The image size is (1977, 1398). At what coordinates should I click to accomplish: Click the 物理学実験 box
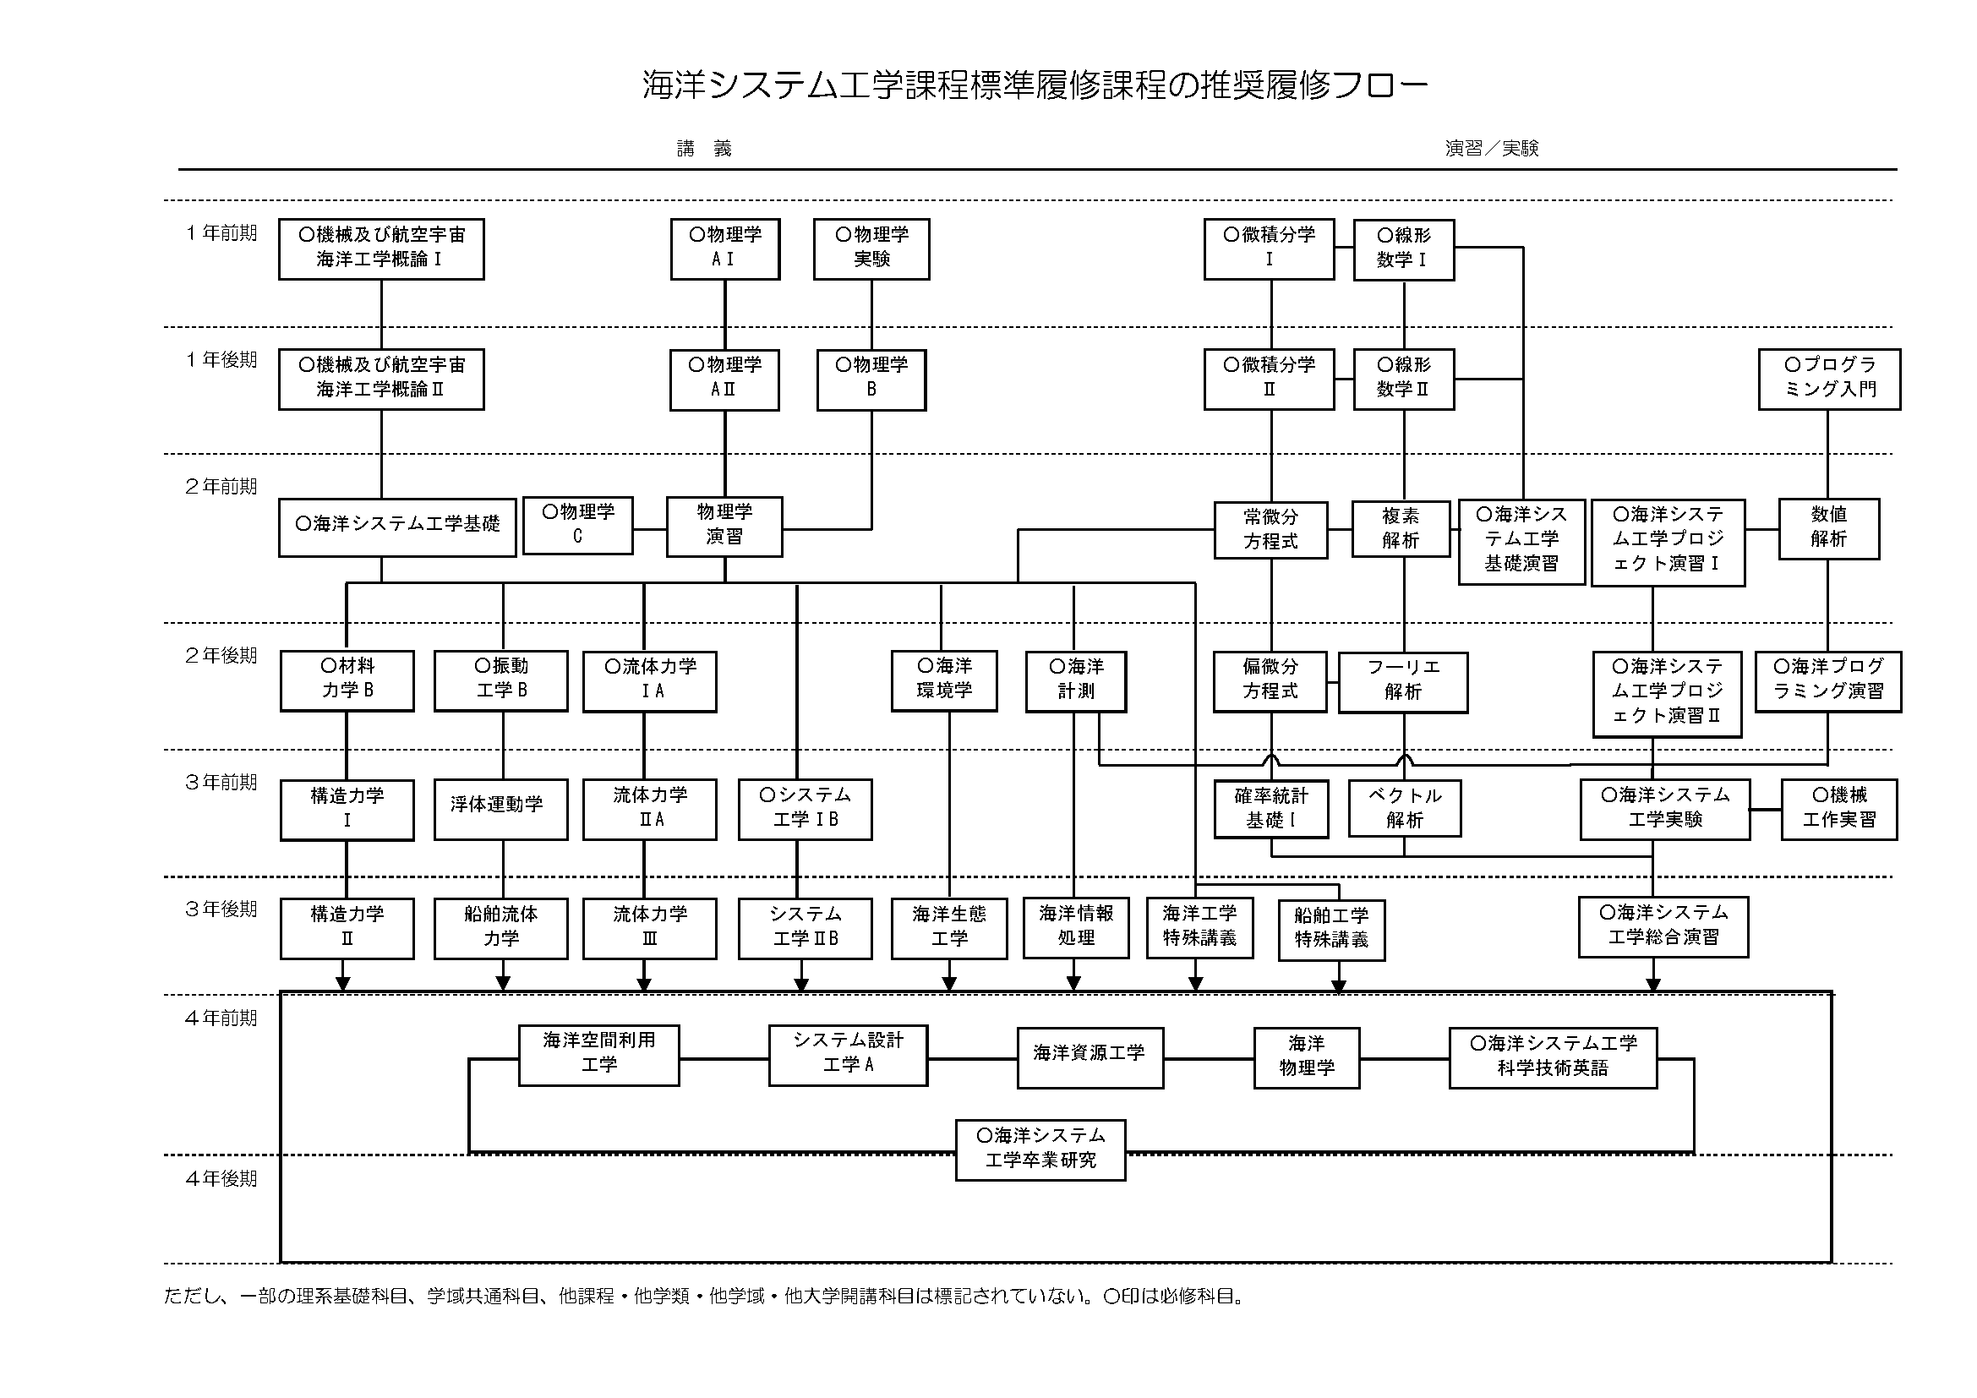click(871, 248)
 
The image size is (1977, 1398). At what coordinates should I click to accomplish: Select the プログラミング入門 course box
click(1829, 379)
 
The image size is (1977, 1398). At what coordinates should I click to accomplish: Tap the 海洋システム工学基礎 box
click(397, 527)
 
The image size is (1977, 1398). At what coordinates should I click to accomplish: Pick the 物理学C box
click(578, 525)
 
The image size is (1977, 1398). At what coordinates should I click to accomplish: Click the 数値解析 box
click(1828, 528)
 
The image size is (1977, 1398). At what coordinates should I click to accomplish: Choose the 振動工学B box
click(501, 680)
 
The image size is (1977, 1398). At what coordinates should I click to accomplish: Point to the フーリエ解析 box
click(1403, 682)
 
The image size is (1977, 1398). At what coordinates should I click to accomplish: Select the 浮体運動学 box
click(500, 808)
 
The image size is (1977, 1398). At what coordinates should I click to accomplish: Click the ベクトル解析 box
click(1405, 808)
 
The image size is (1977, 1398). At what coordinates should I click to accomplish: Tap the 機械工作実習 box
click(1839, 808)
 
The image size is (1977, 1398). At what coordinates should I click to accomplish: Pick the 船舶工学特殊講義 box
click(1331, 930)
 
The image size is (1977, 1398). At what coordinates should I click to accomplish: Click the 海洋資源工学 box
click(1090, 1057)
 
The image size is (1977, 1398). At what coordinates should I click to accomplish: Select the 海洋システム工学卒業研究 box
click(1040, 1150)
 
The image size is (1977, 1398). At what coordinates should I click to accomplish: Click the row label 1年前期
click(221, 233)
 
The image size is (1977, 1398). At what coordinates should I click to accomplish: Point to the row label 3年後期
click(221, 909)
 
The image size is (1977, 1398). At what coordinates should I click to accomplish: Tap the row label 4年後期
click(221, 1178)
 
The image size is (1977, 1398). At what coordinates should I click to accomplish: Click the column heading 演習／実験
click(1491, 149)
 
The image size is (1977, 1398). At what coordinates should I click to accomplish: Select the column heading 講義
click(704, 149)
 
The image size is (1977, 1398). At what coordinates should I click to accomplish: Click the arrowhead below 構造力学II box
click(343, 984)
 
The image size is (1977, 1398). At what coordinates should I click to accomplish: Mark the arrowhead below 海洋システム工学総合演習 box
click(1652, 985)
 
